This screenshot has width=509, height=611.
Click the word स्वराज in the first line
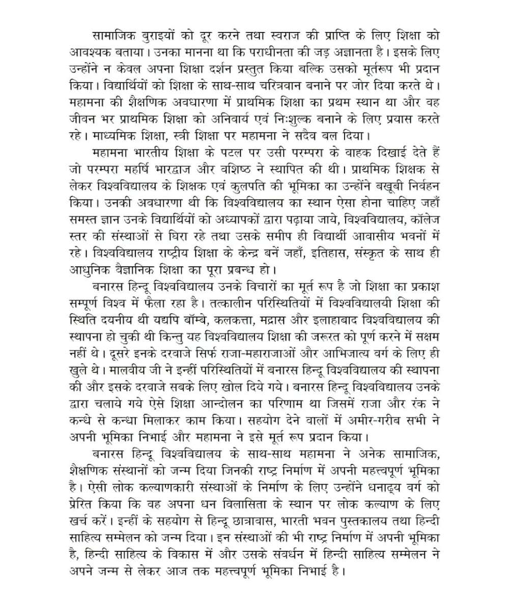coord(272,37)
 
